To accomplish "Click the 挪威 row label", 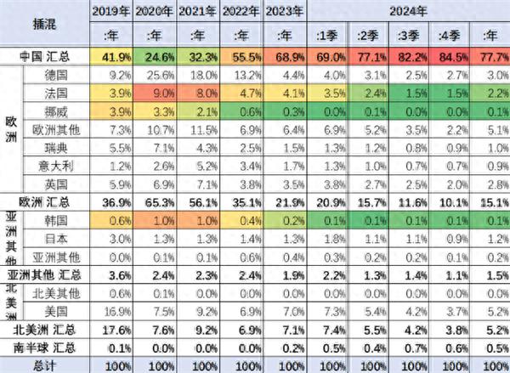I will [56, 110].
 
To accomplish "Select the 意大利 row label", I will [56, 164].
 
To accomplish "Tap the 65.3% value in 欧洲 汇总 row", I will [156, 201].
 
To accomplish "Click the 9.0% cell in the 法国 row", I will [156, 93].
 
